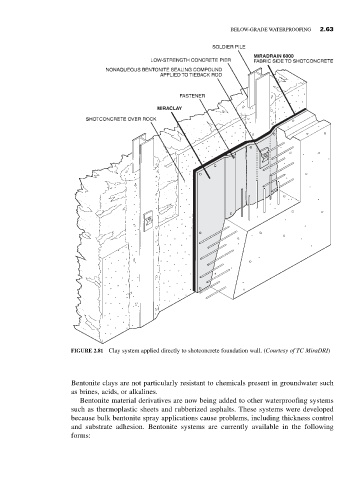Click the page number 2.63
click(x=326, y=29)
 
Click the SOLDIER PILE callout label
click(x=229, y=47)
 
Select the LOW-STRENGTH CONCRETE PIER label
click(x=191, y=60)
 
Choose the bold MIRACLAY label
click(x=169, y=108)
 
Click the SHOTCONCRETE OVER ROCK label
click(x=121, y=119)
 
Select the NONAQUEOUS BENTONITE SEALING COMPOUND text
click(x=164, y=70)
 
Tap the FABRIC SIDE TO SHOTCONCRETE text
click(x=293, y=61)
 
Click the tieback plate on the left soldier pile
click(x=148, y=222)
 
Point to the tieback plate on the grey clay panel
click(x=264, y=157)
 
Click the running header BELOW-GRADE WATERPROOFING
click(x=271, y=30)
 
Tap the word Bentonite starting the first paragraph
click(x=83, y=383)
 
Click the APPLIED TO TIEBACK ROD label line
click(x=191, y=75)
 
